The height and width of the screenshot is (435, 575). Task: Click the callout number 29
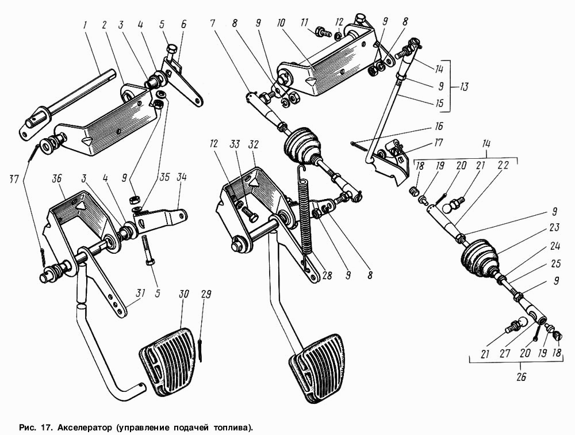coord(206,295)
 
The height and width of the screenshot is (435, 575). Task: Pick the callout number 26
coord(521,377)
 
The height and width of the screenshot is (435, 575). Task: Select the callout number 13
coord(463,87)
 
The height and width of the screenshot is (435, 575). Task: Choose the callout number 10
coord(281,23)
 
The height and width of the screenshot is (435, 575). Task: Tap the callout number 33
coord(235,144)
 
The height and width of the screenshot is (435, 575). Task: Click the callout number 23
coord(554,228)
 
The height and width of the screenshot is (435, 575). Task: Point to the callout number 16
coord(438,126)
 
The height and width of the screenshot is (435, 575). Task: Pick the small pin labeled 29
coord(201,351)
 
